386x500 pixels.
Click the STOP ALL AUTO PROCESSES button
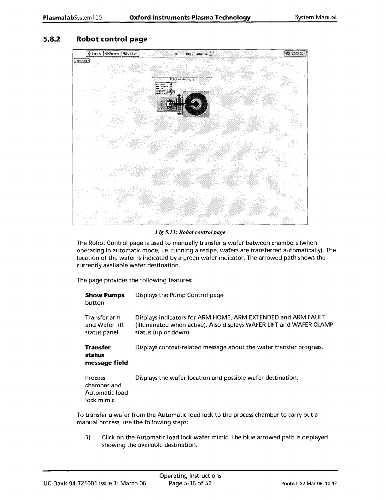(295, 54)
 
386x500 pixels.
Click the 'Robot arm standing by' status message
(182, 79)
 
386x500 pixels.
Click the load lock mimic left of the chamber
(168, 104)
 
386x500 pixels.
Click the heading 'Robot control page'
(112, 39)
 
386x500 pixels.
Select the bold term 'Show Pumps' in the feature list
(105, 295)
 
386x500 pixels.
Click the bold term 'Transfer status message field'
(106, 355)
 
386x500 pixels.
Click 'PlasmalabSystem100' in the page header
(72, 17)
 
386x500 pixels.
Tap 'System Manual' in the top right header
(316, 17)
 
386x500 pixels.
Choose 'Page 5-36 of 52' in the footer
(190, 483)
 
